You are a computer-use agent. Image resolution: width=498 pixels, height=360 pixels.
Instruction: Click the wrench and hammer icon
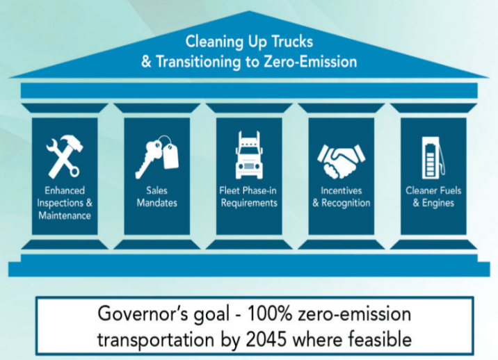click(64, 156)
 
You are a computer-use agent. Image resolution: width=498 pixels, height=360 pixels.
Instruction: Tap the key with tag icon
click(156, 157)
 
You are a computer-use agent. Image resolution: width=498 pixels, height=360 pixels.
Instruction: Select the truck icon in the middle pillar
click(249, 155)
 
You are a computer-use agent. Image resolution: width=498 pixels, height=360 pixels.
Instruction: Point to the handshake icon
click(342, 161)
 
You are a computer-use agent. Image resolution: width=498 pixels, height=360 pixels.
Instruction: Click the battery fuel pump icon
click(433, 158)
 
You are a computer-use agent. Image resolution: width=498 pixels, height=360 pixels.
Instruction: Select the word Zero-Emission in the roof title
click(310, 62)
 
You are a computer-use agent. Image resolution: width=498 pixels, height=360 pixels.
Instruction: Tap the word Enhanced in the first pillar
click(65, 190)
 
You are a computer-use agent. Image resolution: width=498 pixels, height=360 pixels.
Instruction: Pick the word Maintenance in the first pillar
click(65, 215)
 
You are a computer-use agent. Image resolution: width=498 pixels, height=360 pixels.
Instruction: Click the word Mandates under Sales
click(157, 203)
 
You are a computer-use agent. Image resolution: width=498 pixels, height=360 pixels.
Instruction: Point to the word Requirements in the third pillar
click(249, 203)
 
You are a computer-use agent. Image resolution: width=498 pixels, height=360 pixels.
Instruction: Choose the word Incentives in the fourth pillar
click(341, 190)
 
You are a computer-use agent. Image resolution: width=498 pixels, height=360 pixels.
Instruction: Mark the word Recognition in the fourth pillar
click(346, 203)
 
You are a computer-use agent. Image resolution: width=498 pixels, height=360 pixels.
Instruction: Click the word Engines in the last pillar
click(438, 203)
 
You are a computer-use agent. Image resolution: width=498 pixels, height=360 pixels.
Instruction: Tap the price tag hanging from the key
click(170, 156)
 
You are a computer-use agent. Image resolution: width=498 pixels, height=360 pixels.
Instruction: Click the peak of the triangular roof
click(249, 11)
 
